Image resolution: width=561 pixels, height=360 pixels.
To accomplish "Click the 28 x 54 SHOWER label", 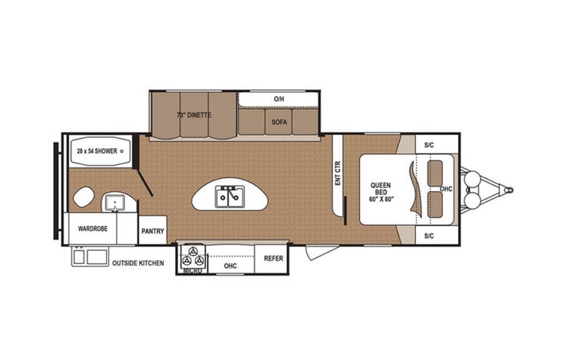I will tap(97, 151).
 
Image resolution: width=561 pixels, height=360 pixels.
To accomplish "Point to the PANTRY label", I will tap(152, 230).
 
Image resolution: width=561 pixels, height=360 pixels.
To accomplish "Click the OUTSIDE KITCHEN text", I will tap(138, 263).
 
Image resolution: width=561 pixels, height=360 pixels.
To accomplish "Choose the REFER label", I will tap(273, 259).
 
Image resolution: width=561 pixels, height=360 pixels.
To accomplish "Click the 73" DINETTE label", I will tap(193, 116).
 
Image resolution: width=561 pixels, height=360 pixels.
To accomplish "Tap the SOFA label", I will tap(278, 121).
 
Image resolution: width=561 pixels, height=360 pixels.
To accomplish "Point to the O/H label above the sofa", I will tap(279, 99).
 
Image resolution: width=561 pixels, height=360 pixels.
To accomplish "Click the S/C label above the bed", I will tap(429, 145).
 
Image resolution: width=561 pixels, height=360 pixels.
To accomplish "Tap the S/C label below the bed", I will tap(429, 236).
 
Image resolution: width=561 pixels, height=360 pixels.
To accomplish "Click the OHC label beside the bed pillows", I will tap(447, 189).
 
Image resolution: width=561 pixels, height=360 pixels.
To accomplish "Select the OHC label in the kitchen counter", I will tap(229, 266).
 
